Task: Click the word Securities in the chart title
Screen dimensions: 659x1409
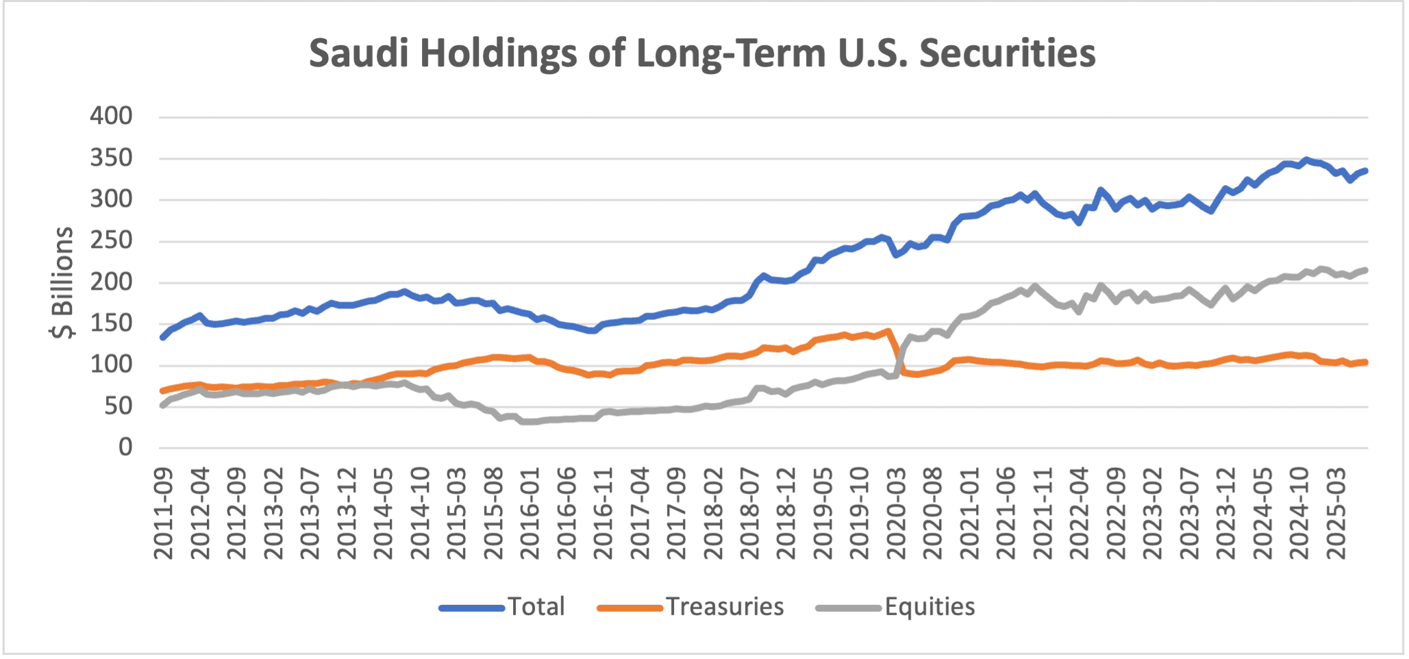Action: point(1007,53)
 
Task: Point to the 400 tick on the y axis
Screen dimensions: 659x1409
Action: point(111,116)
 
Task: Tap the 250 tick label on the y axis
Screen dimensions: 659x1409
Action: point(111,240)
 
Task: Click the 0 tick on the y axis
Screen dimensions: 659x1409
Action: point(125,447)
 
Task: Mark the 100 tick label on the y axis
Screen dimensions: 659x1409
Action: point(111,364)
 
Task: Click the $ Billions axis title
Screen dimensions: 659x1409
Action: point(62,282)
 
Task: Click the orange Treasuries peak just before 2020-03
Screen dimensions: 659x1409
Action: point(888,331)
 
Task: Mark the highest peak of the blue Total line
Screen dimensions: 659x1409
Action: point(1306,160)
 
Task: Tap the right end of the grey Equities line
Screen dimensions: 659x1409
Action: point(1366,270)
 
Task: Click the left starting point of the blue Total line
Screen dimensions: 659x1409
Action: point(162,337)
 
